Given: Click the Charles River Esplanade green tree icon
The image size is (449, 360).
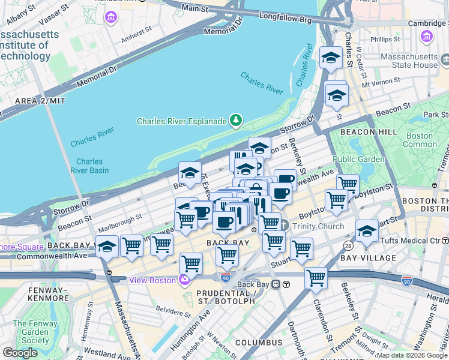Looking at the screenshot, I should pos(236,121).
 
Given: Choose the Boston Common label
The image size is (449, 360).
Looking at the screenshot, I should pos(420,140).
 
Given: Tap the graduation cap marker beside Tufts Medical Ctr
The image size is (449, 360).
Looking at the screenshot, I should pos(367,231).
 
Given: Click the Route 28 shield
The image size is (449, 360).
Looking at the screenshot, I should pos(348,247).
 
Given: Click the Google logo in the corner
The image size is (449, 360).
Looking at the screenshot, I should pos(20,353).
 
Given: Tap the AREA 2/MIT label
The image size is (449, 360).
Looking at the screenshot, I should pos(40,101).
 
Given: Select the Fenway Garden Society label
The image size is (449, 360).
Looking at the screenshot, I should pos(31,332).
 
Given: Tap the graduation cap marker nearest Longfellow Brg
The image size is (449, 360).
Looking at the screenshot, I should pos(330,58).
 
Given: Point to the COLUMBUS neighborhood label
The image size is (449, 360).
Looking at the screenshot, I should pos(259,342).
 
